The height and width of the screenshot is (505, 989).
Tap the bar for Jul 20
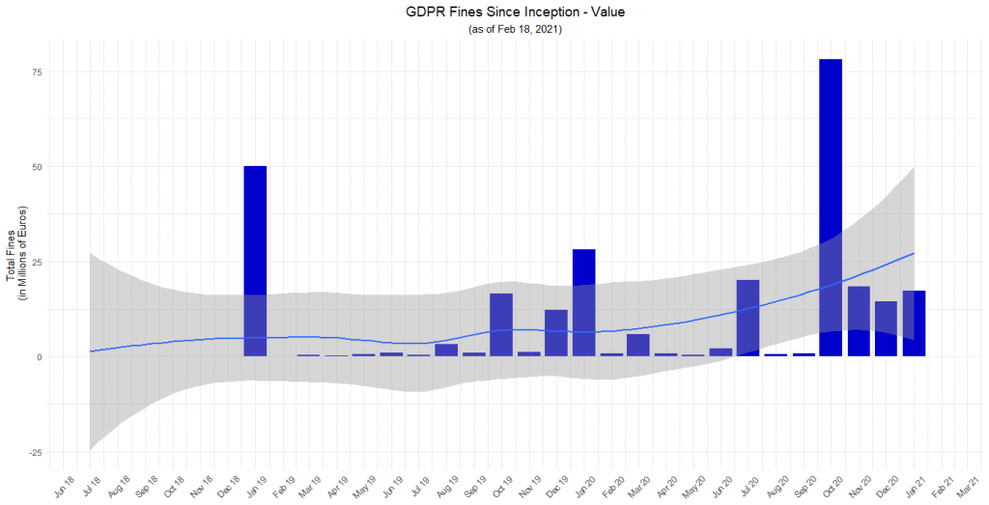click(748, 318)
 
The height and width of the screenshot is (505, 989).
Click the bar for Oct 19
click(501, 324)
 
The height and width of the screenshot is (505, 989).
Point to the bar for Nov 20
click(859, 321)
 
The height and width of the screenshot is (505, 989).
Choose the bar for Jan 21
click(914, 323)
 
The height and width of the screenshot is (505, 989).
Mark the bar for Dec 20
click(886, 328)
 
